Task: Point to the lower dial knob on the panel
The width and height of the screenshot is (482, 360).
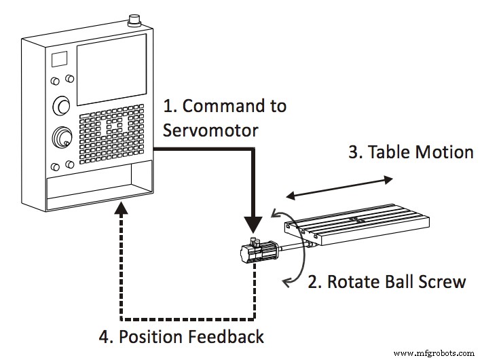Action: tap(62, 138)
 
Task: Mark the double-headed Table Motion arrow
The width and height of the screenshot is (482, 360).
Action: tap(339, 187)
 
